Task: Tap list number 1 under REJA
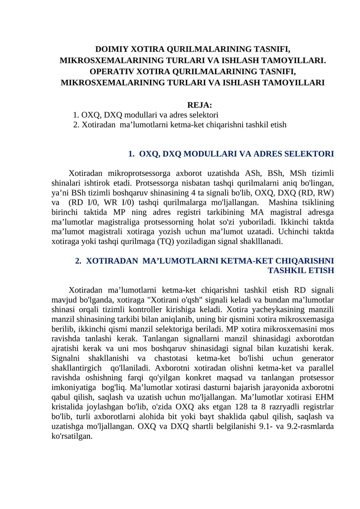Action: click(x=76, y=115)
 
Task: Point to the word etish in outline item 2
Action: click(x=278, y=124)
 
